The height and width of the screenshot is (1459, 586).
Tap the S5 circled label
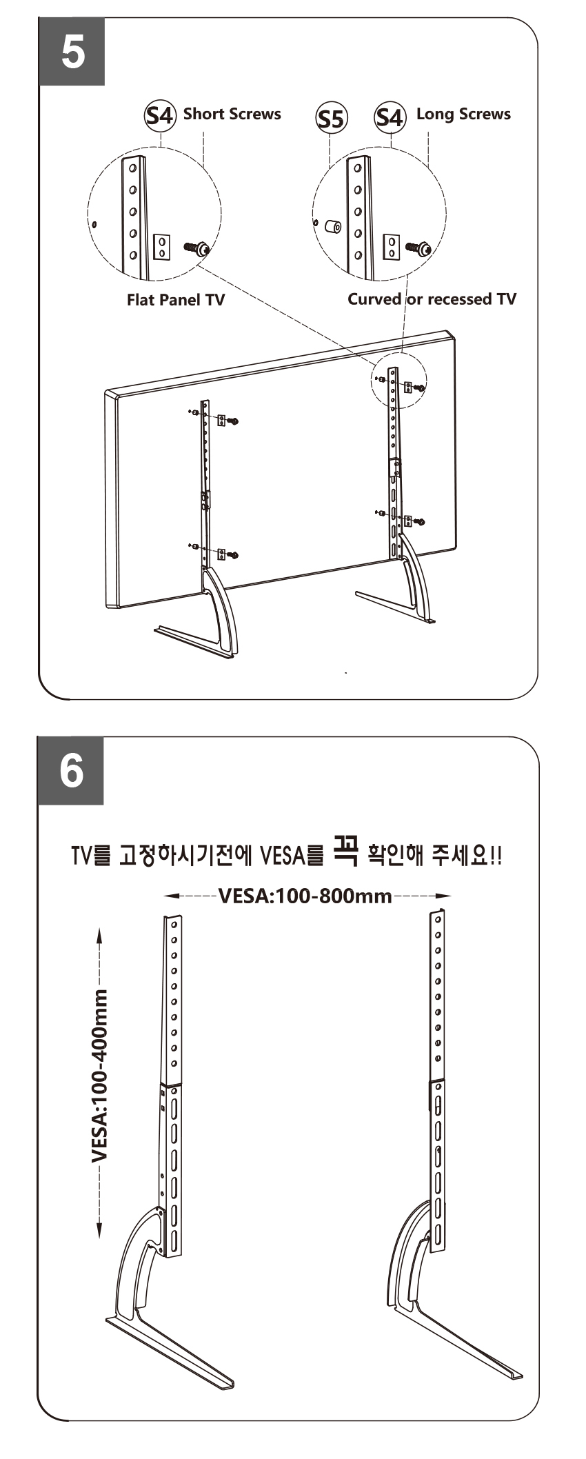330,119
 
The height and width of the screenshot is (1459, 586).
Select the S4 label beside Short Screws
161,114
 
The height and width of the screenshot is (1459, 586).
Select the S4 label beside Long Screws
390,117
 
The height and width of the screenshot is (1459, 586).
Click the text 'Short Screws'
232,114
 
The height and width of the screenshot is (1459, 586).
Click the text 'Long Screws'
463,114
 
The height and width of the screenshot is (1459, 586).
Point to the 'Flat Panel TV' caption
176,300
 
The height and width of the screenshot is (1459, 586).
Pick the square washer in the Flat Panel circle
161,245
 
